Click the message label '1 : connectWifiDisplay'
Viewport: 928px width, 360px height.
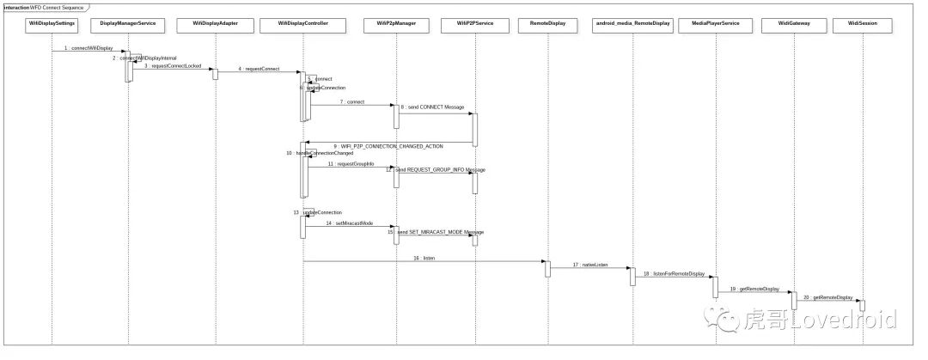point(89,48)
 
